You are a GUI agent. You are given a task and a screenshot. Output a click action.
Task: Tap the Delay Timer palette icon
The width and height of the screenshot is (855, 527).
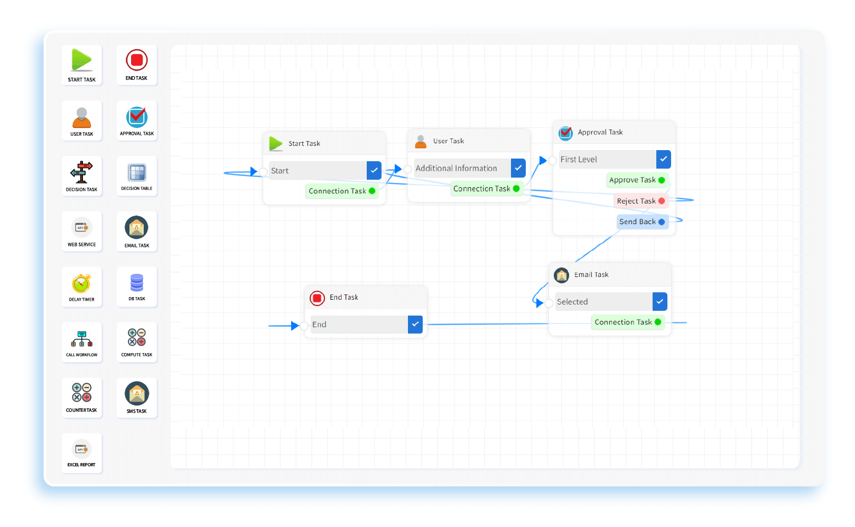pyautogui.click(x=81, y=284)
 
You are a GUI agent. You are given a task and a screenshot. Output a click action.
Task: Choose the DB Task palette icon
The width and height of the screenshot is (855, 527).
pyautogui.click(x=136, y=283)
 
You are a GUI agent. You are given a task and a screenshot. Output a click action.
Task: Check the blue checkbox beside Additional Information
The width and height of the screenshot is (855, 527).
pyautogui.click(x=518, y=168)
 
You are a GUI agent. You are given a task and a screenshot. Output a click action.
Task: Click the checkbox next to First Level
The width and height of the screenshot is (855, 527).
pyautogui.click(x=663, y=159)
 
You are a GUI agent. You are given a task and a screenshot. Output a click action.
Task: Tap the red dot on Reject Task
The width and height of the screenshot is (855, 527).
pyautogui.click(x=662, y=201)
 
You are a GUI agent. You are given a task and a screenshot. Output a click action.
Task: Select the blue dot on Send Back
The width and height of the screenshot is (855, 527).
pyautogui.click(x=662, y=222)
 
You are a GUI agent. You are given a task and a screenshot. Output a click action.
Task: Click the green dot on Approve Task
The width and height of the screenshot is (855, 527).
pyautogui.click(x=662, y=180)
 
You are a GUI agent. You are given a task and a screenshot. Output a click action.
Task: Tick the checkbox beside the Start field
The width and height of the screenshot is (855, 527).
pyautogui.click(x=374, y=171)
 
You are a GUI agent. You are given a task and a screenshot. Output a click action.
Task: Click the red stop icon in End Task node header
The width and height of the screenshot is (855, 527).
pyautogui.click(x=317, y=298)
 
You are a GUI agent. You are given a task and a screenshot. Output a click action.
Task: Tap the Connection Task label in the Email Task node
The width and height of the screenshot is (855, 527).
pyautogui.click(x=623, y=322)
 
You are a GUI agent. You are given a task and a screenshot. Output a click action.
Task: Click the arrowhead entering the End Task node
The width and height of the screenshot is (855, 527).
pyautogui.click(x=295, y=326)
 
